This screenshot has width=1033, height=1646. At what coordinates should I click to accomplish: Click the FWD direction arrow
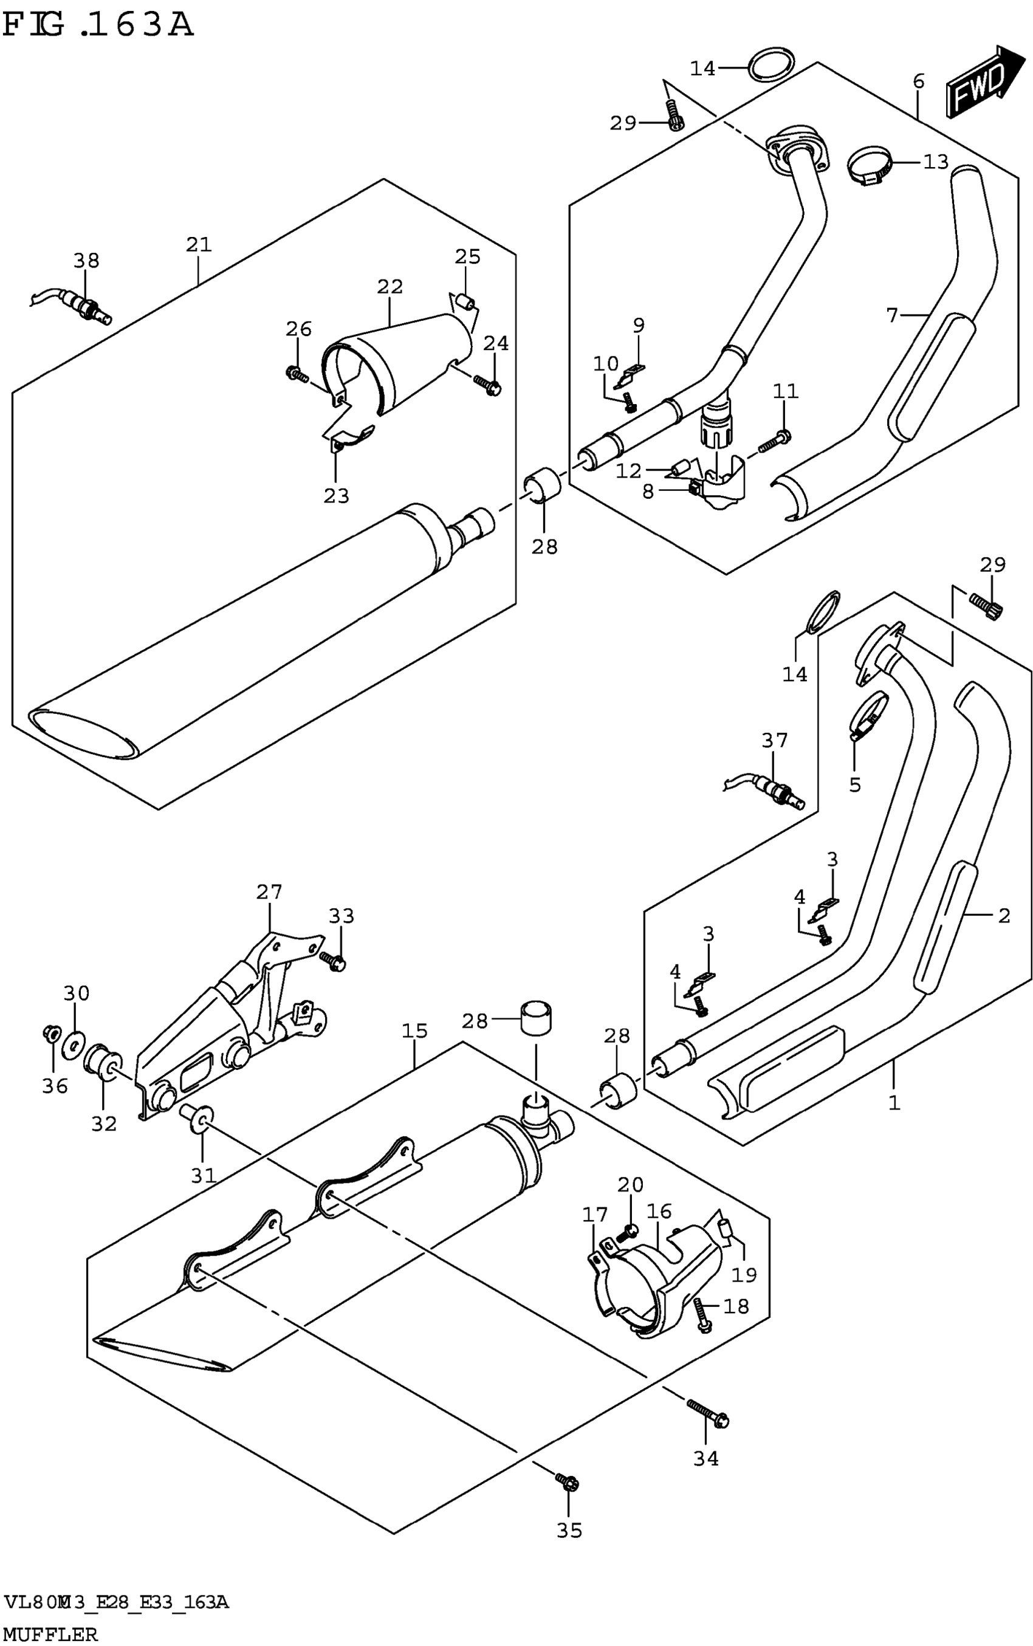984,81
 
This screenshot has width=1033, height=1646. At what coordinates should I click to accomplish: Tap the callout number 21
199,244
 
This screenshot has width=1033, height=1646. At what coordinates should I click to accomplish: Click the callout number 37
775,739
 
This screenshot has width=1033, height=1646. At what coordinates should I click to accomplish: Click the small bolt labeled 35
568,1481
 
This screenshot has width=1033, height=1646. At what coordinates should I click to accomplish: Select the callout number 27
269,891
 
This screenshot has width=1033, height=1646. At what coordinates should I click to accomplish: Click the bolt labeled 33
335,961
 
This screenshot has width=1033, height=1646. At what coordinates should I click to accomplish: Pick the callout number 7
891,315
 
